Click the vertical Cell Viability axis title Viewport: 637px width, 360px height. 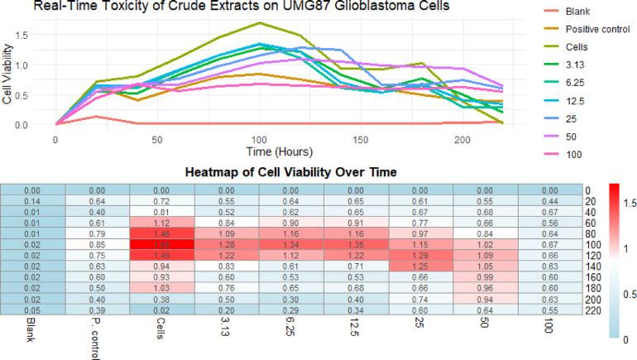coord(7,79)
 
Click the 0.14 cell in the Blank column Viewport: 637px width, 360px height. coord(32,201)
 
